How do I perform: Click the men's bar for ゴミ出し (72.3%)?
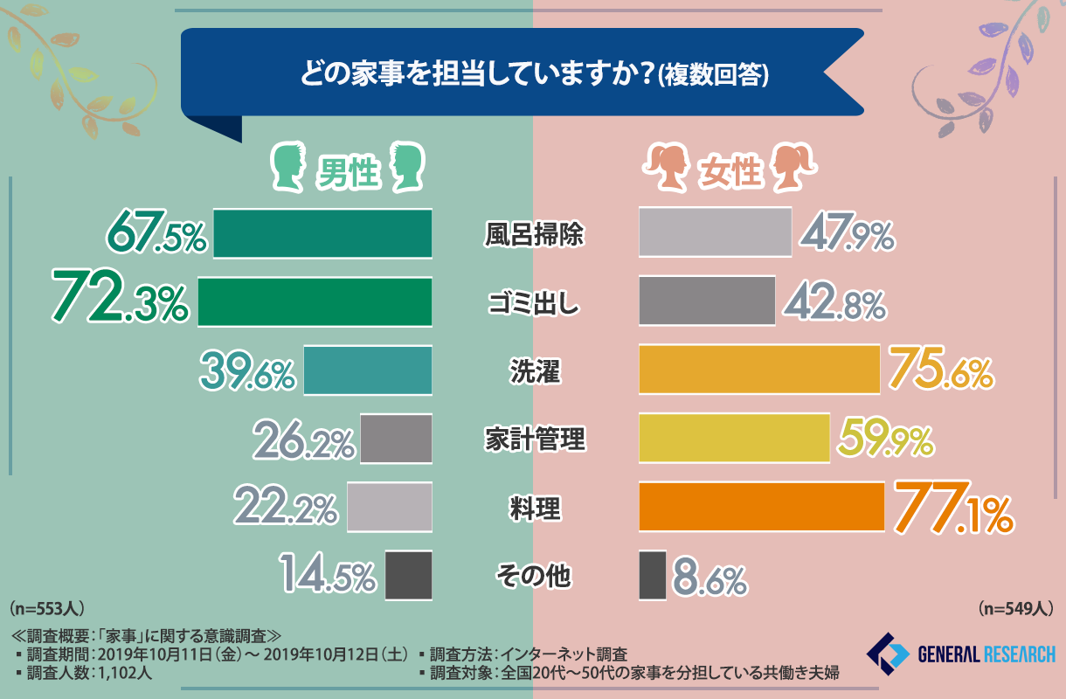click(315, 302)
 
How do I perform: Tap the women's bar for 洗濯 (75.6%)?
click(758, 370)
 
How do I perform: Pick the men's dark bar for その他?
click(408, 575)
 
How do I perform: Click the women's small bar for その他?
click(652, 575)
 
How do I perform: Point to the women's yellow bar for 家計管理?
click(734, 439)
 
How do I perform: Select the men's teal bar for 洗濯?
click(368, 370)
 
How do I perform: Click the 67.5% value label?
click(157, 234)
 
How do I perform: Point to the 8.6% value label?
click(710, 577)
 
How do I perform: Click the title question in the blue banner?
click(534, 75)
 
